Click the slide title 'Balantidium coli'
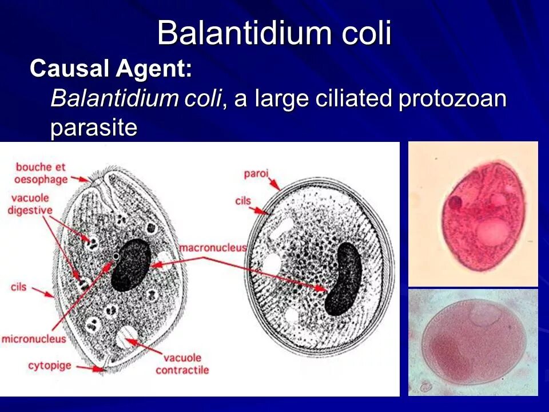tap(274, 33)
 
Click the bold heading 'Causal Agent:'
tap(111, 69)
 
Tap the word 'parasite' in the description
tap(94, 128)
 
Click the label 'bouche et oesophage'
tap(41, 173)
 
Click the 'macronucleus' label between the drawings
tap(213, 248)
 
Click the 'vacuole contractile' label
tap(182, 364)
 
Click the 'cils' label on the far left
tap(19, 286)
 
